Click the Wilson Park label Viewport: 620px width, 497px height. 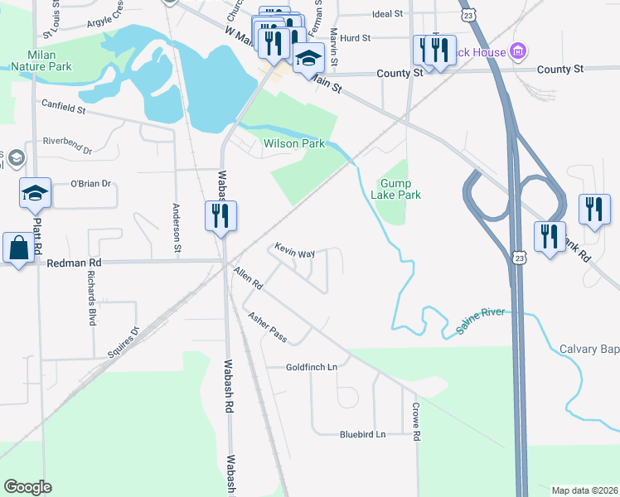(294, 143)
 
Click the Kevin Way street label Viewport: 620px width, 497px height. (295, 249)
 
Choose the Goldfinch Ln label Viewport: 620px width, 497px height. (312, 367)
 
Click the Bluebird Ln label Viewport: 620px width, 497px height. (362, 434)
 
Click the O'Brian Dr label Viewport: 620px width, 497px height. (90, 183)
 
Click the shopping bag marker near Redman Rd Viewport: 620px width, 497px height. (17, 248)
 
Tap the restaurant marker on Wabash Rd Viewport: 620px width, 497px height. (221, 216)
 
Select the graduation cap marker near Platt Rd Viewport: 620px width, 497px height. (35, 194)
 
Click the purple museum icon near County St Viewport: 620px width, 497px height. (519, 52)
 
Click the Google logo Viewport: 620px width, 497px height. (27, 487)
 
